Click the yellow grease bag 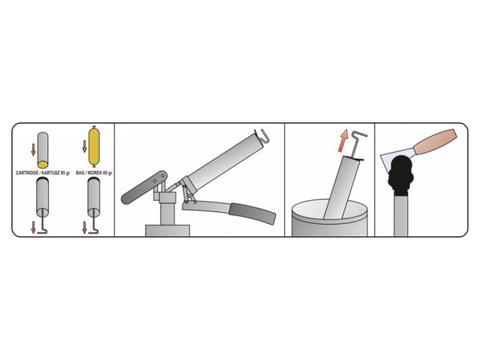pos(94,146)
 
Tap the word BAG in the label pos(80,173)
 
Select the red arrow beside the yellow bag pos(85,146)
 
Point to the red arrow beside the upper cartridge pos(34,149)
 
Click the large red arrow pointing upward pos(343,140)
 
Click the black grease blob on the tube pos(400,175)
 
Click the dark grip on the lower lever pos(253,214)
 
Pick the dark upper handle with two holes pos(144,187)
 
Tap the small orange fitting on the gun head pos(177,185)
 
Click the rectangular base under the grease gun pos(167,230)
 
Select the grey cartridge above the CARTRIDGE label pos(43,150)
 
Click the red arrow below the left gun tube pos(34,228)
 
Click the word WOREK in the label pos(95,173)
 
